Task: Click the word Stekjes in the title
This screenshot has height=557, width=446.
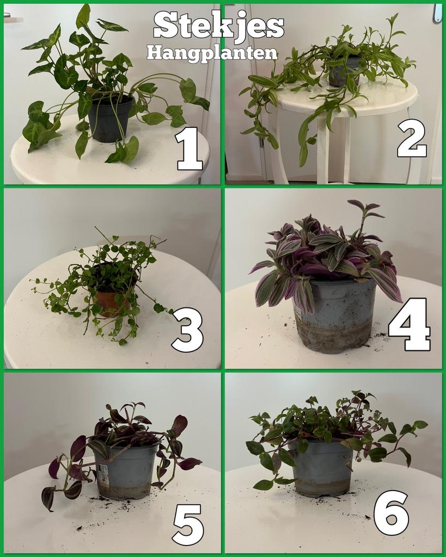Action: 218,26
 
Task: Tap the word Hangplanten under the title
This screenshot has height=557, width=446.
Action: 212,53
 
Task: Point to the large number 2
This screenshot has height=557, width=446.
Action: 411,138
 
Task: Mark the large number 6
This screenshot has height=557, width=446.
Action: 391,512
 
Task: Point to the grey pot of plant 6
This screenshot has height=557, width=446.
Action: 322,469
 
